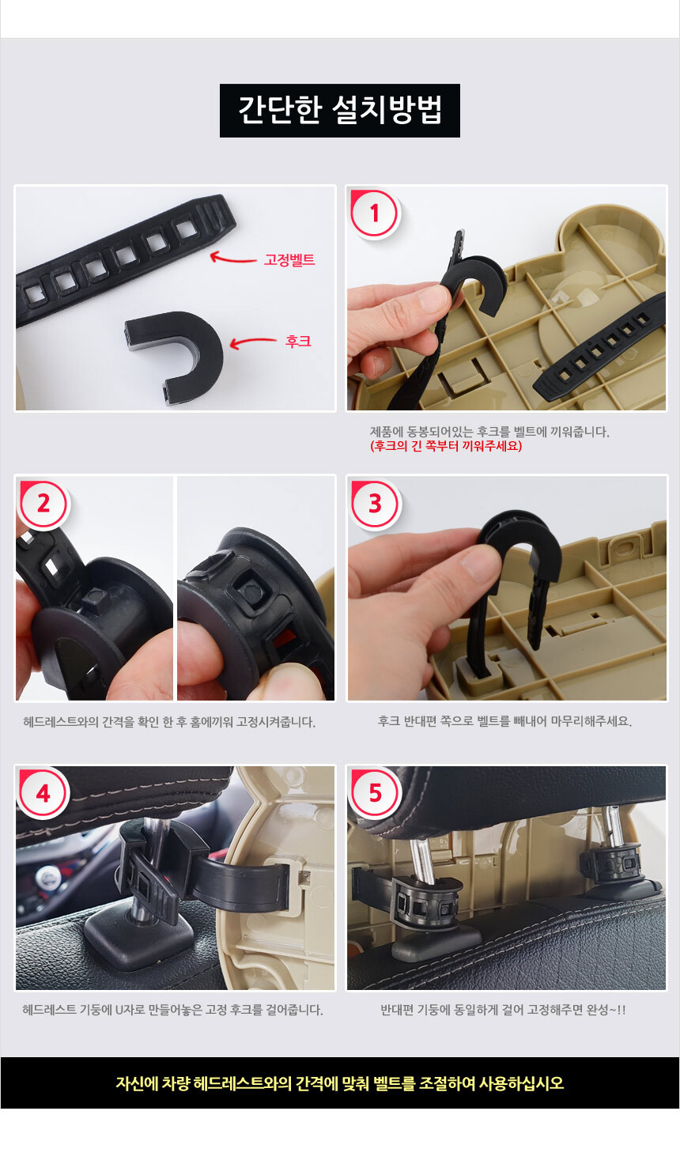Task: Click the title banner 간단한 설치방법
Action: tap(340, 110)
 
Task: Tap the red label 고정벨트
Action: tap(289, 259)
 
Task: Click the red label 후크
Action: tap(298, 342)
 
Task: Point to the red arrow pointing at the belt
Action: tap(233, 257)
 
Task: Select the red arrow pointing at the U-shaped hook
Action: tap(253, 342)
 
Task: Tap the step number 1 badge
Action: tap(375, 213)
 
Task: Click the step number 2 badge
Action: tap(43, 504)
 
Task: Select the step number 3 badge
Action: tap(375, 504)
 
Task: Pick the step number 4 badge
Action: tap(43, 793)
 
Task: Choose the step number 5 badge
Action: tap(375, 793)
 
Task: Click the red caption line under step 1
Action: tap(446, 446)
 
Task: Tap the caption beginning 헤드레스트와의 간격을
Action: tap(169, 722)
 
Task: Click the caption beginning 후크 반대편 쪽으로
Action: tap(505, 721)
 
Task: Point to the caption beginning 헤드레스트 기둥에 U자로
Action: tap(172, 1010)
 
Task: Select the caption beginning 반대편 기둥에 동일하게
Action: tap(503, 1010)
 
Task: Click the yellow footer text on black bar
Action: tap(340, 1083)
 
